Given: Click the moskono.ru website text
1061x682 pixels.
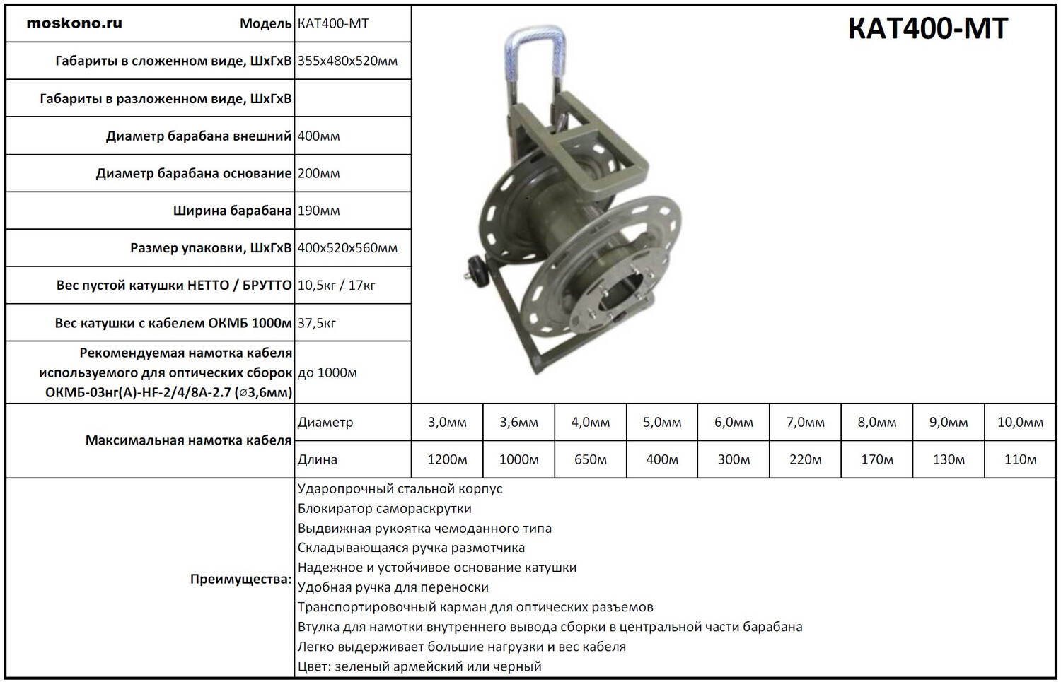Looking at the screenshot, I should [x=74, y=23].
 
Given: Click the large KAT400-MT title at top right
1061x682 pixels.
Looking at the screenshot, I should [x=928, y=29].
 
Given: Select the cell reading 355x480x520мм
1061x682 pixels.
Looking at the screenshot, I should [x=347, y=61].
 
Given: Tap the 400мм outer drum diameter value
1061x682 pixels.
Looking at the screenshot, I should [x=319, y=136].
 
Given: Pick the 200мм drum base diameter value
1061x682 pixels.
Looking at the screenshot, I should [x=319, y=173].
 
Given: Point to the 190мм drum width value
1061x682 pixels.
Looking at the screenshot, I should [x=319, y=211].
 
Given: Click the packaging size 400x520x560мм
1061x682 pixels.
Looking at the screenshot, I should [x=347, y=248].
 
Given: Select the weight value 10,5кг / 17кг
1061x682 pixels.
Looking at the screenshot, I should [x=337, y=286].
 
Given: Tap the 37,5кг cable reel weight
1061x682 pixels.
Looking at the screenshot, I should [x=317, y=323].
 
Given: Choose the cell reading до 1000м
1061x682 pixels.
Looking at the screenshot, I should [x=327, y=372].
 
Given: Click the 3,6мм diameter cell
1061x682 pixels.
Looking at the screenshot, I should [x=518, y=423].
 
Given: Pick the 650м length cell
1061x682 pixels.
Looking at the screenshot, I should [x=591, y=459].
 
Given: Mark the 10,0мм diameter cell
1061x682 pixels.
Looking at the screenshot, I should [x=1020, y=423].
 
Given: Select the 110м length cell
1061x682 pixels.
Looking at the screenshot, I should [x=1020, y=459].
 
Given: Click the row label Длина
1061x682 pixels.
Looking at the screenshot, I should [x=318, y=459].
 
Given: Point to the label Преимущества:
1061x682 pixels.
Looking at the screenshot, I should [x=240, y=580].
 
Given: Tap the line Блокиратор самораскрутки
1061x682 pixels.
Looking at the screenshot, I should [x=385, y=508].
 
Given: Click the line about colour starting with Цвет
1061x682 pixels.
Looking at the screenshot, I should [x=419, y=666].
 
